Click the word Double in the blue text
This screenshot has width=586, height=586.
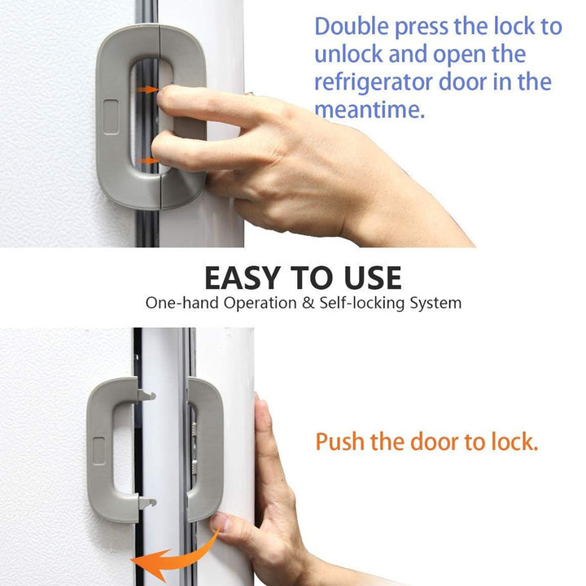pos(352,26)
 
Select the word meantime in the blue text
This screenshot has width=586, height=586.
pos(370,110)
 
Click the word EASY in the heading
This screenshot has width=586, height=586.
pos(243,278)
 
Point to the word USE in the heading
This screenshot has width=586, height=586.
pos(373,278)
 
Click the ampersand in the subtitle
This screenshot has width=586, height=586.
pos(308,303)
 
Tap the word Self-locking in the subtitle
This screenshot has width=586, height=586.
pos(361,303)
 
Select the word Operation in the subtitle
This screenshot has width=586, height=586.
pos(260,303)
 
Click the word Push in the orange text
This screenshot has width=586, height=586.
pos(339,442)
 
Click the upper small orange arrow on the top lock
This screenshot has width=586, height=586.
pos(147,90)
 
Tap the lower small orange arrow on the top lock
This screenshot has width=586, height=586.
pos(147,160)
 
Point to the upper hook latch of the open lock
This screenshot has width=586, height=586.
pos(146,395)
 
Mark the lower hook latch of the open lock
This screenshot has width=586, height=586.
pos(146,502)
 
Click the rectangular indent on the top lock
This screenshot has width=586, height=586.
pos(111,116)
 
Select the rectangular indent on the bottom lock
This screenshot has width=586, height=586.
pos(98,451)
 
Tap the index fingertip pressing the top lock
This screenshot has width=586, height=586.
pos(161,96)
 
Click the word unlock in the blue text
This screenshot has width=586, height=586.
pos(348,55)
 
